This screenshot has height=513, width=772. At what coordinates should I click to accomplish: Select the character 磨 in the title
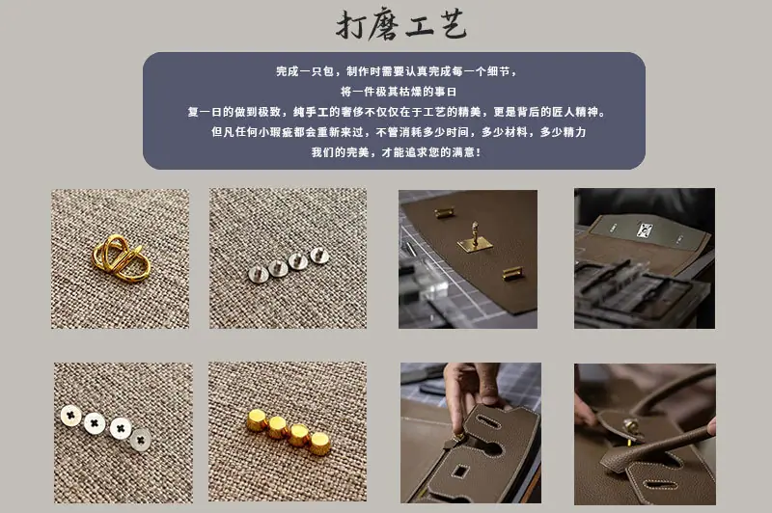(385, 25)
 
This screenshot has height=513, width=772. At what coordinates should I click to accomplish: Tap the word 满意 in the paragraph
(464, 152)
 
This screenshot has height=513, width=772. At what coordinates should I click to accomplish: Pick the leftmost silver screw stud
(258, 274)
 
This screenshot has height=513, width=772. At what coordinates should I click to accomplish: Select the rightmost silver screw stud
(319, 256)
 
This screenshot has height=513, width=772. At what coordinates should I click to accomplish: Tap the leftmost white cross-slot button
(70, 416)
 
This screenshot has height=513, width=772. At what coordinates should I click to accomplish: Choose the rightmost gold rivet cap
(320, 444)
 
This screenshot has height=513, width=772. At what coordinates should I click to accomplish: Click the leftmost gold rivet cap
(257, 421)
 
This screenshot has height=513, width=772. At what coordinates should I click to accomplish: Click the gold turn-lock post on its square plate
(475, 239)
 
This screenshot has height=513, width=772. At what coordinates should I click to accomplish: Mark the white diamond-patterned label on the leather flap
(644, 229)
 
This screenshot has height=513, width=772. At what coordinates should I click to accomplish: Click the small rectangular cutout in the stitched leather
(460, 472)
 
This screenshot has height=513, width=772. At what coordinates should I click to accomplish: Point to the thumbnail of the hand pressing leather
(471, 433)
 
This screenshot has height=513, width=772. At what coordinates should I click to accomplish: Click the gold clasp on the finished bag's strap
(631, 429)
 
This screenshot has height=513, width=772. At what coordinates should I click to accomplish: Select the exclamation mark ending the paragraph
(479, 152)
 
